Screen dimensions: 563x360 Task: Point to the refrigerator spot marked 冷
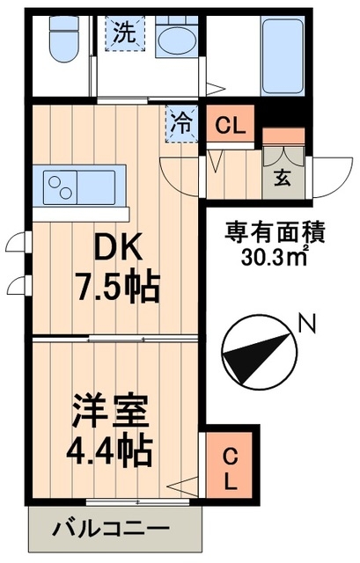[x=181, y=121]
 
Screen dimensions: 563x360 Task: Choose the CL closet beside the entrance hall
[x=231, y=124]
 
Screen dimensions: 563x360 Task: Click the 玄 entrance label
[x=283, y=175]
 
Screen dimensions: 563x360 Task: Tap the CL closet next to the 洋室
[x=228, y=468]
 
